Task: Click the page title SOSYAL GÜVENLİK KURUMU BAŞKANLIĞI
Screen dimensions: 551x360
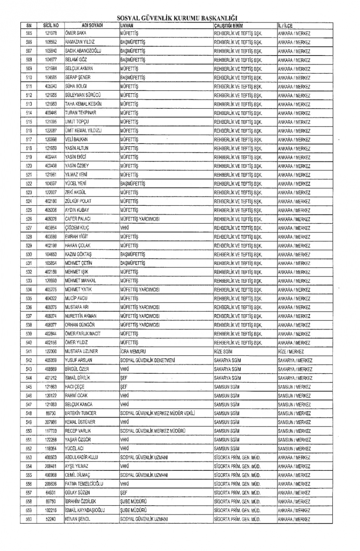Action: click(x=177, y=18)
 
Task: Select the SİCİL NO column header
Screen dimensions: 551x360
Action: click(x=51, y=25)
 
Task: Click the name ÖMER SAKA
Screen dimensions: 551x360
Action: click(x=76, y=33)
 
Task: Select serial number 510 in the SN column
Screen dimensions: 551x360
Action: click(x=29, y=77)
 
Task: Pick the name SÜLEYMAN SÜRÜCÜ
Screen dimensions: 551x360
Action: click(x=83, y=95)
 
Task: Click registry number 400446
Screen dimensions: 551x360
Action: click(x=51, y=113)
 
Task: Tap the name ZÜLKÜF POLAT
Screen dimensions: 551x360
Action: click(x=78, y=201)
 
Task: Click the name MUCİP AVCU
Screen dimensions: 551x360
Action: click(x=76, y=298)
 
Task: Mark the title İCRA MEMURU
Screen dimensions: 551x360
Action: click(x=133, y=351)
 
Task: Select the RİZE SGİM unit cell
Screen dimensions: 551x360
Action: click(x=223, y=352)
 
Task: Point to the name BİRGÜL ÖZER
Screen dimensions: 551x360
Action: click(x=77, y=369)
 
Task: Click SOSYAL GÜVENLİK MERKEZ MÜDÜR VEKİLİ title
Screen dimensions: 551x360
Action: click(x=157, y=413)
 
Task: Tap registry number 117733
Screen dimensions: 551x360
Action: click(x=51, y=431)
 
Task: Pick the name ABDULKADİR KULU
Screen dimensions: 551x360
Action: click(x=81, y=457)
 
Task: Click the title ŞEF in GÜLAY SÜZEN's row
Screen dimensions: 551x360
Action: click(x=124, y=493)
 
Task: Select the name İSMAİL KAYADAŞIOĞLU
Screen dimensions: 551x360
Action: click(x=85, y=510)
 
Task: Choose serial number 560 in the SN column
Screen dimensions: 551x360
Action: click(x=29, y=519)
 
